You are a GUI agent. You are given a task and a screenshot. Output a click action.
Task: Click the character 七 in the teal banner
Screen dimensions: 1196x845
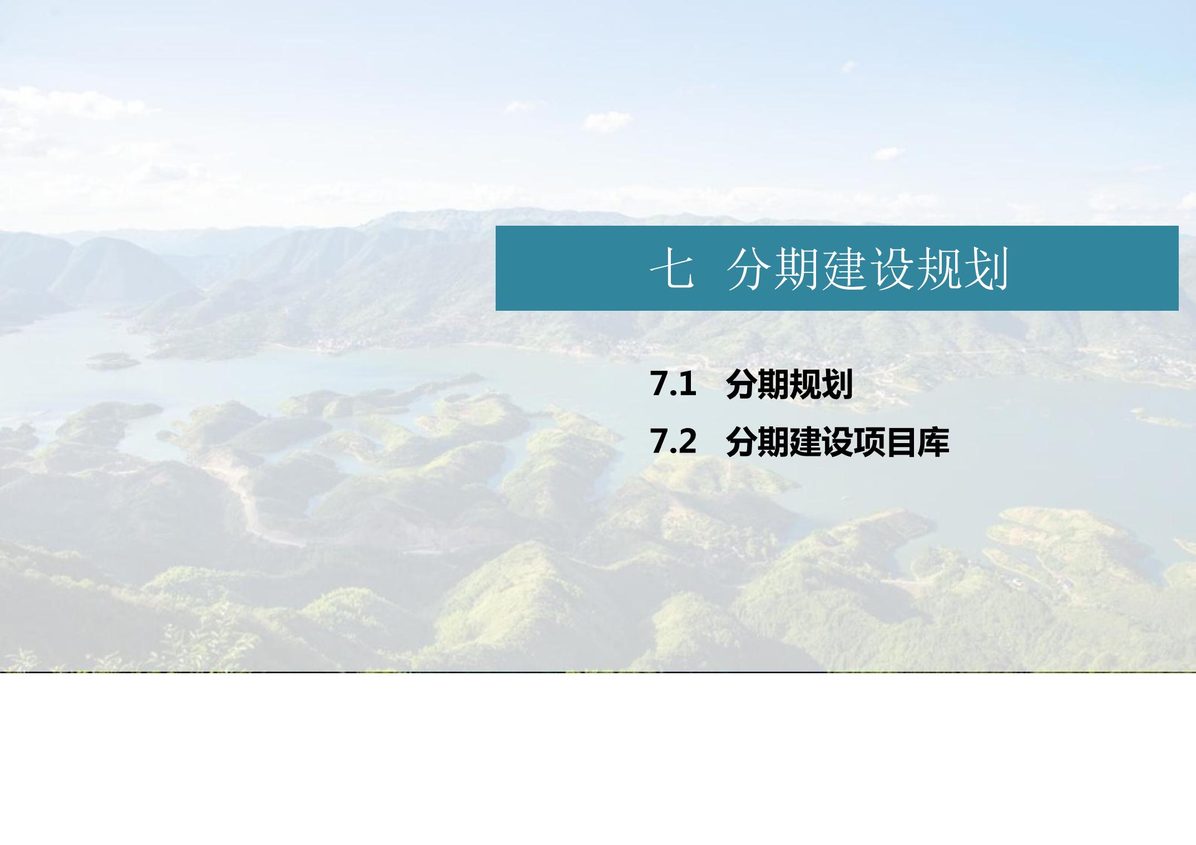coord(673,270)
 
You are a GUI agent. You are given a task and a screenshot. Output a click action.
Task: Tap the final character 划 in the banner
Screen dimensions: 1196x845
coord(986,270)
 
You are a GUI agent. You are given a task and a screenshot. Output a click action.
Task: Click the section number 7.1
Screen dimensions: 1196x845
coord(673,384)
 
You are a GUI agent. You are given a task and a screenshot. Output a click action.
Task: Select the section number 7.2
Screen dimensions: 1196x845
coord(673,442)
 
